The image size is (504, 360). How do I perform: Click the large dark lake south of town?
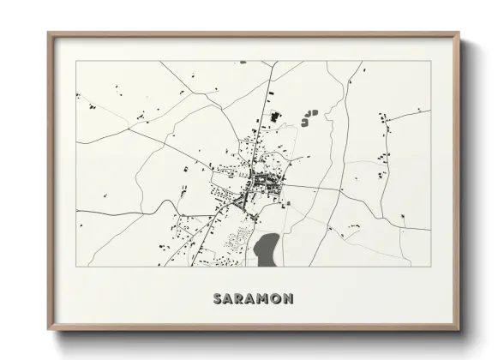pyautogui.click(x=267, y=249)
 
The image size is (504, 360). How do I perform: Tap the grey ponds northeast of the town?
pyautogui.click(x=308, y=117)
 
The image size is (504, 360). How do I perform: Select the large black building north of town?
pyautogui.click(x=276, y=117)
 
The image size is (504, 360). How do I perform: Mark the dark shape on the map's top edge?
pyautogui.click(x=243, y=62)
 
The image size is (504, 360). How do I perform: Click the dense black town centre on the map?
pyautogui.click(x=260, y=182)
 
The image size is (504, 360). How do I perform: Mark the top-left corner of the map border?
pyautogui.click(x=76, y=61)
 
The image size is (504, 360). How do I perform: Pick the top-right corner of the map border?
pyautogui.click(x=431, y=61)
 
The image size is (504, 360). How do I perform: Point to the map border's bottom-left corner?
pyautogui.click(x=76, y=266)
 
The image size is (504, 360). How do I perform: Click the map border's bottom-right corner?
pyautogui.click(x=431, y=266)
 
